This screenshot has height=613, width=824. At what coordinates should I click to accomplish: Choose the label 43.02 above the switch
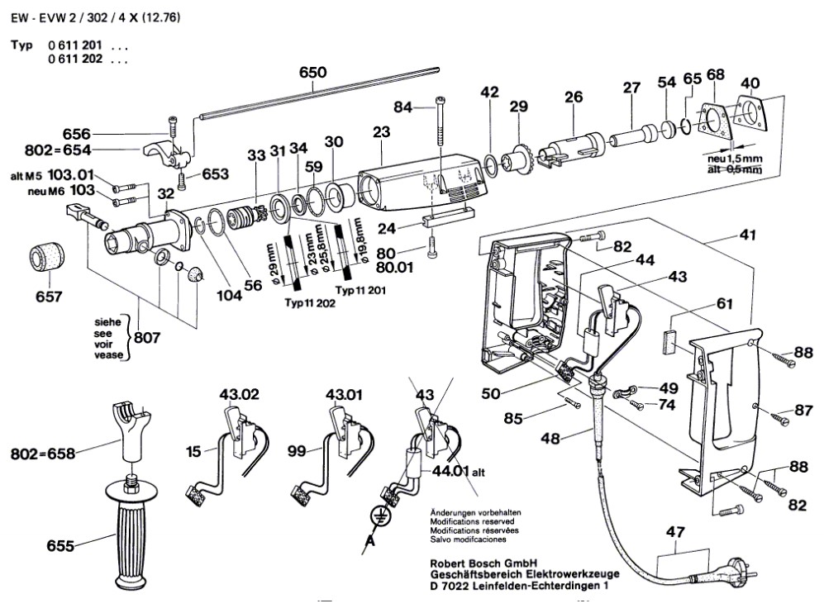235,396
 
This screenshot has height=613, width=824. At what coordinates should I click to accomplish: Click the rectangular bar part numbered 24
447,221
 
